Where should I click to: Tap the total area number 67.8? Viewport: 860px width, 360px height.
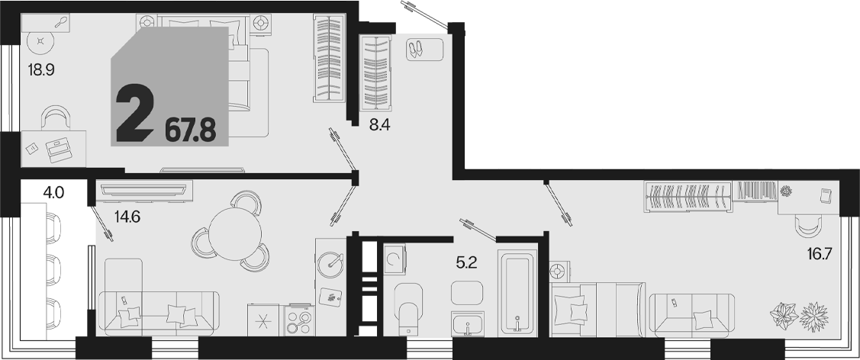point(190,131)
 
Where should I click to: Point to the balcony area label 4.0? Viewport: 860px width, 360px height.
point(53,192)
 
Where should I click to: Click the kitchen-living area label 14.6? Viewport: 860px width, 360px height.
point(127,217)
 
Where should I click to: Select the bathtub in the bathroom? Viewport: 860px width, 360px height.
point(517,293)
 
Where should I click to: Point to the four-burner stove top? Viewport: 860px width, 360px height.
point(298,320)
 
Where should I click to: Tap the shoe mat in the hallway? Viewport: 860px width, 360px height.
point(424,50)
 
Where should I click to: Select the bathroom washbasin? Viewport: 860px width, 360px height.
point(467,324)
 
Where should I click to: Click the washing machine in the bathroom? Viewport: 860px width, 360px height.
point(394,259)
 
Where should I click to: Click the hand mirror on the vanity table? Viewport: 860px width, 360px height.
point(62,22)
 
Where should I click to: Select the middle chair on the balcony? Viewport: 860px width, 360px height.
point(53,268)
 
